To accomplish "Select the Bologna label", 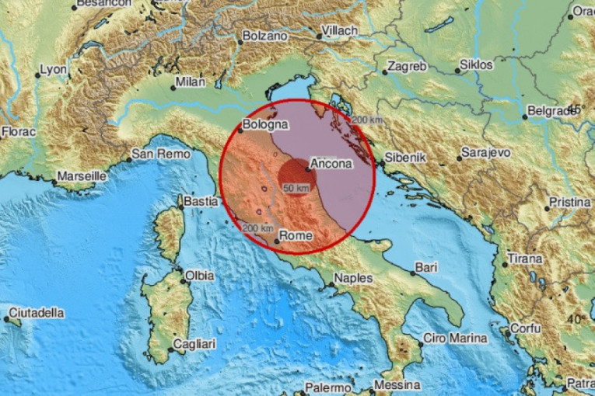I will [x=265, y=124].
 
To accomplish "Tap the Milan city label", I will [x=190, y=82].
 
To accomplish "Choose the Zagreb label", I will [x=407, y=66].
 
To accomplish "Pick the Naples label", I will [x=354, y=278].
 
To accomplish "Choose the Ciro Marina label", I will [x=455, y=339].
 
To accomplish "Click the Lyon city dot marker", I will [x=37, y=75].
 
